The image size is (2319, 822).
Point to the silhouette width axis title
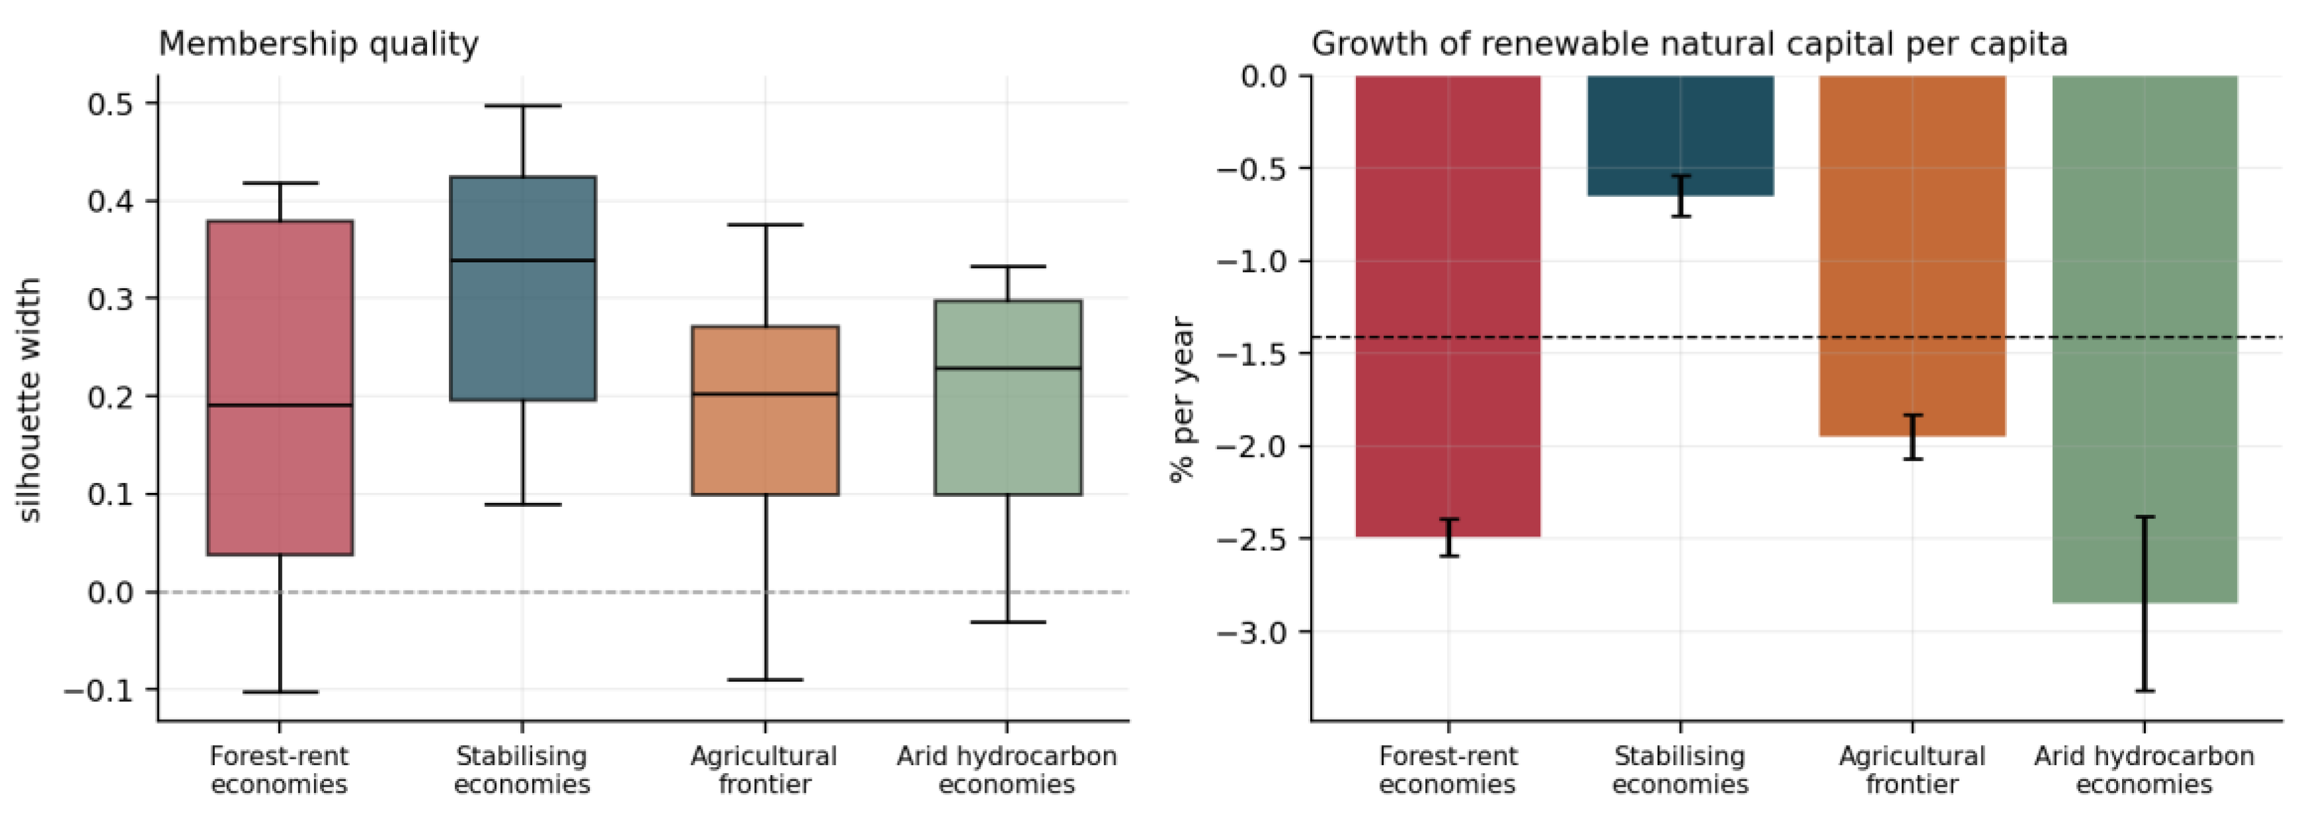click(29, 399)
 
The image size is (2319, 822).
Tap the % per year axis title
click(1182, 399)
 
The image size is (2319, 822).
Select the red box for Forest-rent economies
click(280, 387)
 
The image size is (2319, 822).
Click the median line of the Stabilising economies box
click(523, 260)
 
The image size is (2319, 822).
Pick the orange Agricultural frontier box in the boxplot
click(766, 410)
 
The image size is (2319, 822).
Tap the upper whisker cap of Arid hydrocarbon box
click(1007, 266)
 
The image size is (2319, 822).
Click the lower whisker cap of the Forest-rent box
click(280, 691)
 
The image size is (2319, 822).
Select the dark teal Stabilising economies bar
click(1680, 135)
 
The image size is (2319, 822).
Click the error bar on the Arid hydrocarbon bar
click(2144, 603)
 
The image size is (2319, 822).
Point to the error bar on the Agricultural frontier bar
click(1912, 437)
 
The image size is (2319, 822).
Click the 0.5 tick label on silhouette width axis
click(110, 104)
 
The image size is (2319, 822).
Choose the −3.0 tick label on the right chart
click(1251, 632)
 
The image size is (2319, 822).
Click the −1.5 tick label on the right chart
click(1251, 354)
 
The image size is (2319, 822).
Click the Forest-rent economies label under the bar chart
click(1448, 770)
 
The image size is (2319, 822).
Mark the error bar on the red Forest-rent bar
click(1448, 537)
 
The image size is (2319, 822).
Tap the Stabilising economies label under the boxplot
click(522, 770)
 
